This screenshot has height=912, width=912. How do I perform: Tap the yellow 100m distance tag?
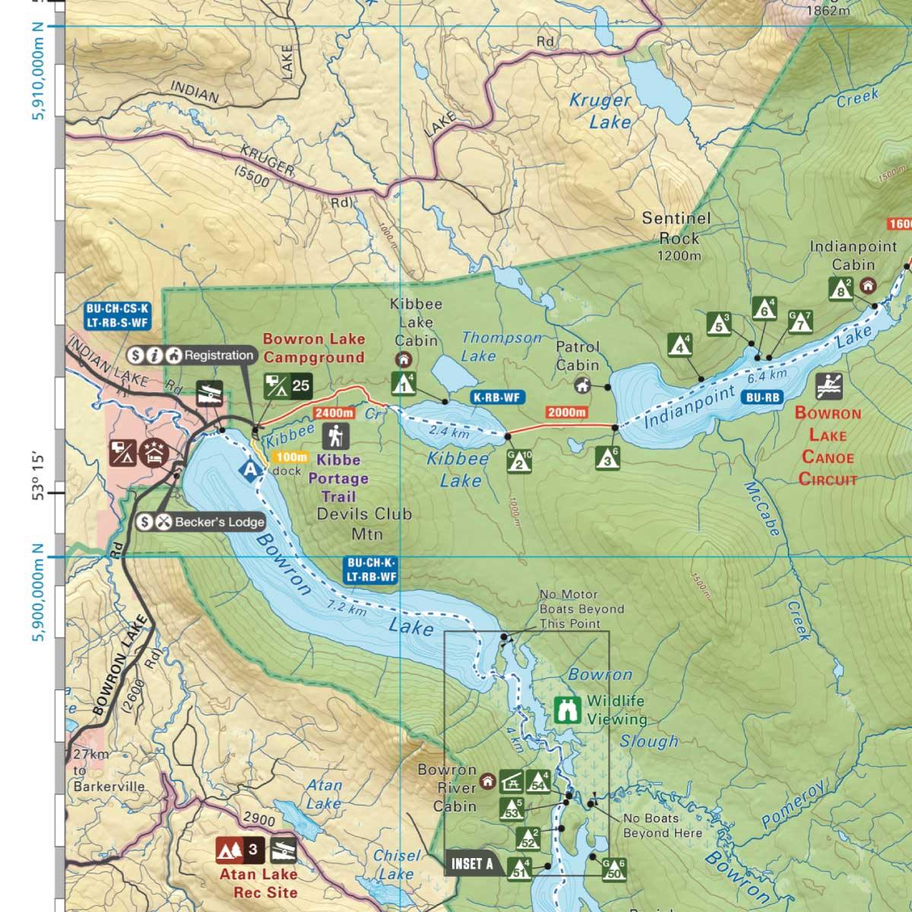click(x=292, y=457)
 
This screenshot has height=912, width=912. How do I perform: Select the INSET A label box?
click(x=472, y=863)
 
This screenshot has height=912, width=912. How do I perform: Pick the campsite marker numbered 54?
click(x=539, y=781)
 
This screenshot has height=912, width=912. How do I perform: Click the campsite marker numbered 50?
click(x=614, y=870)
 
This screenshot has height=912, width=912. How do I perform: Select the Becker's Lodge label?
click(x=219, y=522)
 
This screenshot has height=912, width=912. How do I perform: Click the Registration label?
click(x=219, y=355)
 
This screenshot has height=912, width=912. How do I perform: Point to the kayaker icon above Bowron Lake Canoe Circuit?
click(x=828, y=386)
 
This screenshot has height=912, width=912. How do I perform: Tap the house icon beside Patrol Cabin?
click(x=583, y=385)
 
